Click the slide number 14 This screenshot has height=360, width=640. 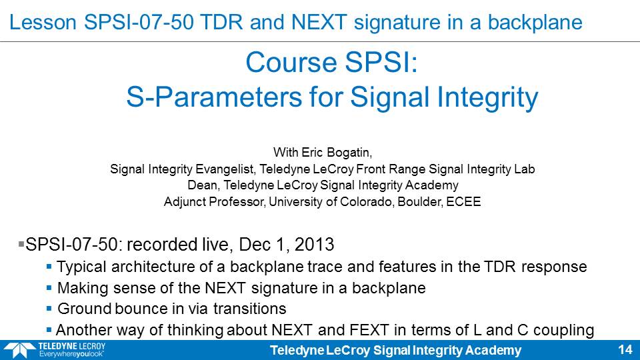point(625,350)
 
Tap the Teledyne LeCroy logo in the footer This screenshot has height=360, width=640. point(54,350)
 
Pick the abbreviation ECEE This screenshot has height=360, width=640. point(464,201)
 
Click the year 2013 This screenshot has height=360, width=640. point(314,245)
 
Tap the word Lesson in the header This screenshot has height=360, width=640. point(43,22)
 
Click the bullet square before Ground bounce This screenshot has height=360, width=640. point(49,309)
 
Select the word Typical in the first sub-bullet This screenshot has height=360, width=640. point(81,267)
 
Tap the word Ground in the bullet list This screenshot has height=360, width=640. point(84,309)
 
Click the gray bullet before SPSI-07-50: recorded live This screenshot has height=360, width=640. point(21,245)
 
